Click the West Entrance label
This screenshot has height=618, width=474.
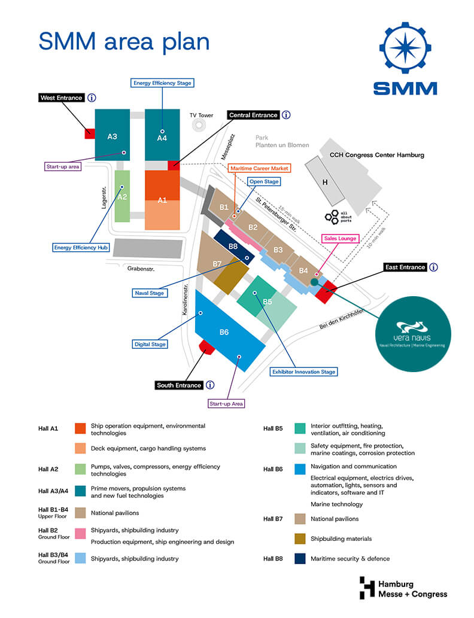pyautogui.click(x=62, y=98)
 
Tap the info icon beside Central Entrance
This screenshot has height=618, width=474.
pyautogui.click(x=286, y=115)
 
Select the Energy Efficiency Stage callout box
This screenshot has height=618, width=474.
pyautogui.click(x=162, y=83)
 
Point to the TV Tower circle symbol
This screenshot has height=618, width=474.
pyautogui.click(x=199, y=125)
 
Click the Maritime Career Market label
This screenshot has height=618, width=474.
pyautogui.click(x=259, y=168)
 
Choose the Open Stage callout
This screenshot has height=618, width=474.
pyautogui.click(x=264, y=181)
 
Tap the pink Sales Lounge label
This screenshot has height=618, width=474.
pyautogui.click(x=340, y=238)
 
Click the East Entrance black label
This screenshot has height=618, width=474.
pyautogui.click(x=405, y=267)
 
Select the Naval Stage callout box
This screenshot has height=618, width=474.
pyautogui.click(x=149, y=293)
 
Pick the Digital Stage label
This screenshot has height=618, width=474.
pyautogui.click(x=150, y=344)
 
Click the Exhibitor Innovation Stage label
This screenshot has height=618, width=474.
pyautogui.click(x=303, y=372)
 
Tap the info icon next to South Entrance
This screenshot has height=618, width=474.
pyautogui.click(x=210, y=385)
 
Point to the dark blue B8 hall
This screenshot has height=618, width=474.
pyautogui.click(x=234, y=248)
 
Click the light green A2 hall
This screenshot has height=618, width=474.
pyautogui.click(x=122, y=196)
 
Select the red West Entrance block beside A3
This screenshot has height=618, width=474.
pyautogui.click(x=90, y=133)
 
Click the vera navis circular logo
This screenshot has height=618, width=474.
pyautogui.click(x=413, y=334)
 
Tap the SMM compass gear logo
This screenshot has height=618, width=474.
pyautogui.click(x=405, y=48)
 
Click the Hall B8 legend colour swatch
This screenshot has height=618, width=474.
pyautogui.click(x=300, y=559)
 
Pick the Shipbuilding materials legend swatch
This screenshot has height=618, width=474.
pyautogui.click(x=300, y=539)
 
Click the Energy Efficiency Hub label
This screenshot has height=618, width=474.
pyautogui.click(x=81, y=248)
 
